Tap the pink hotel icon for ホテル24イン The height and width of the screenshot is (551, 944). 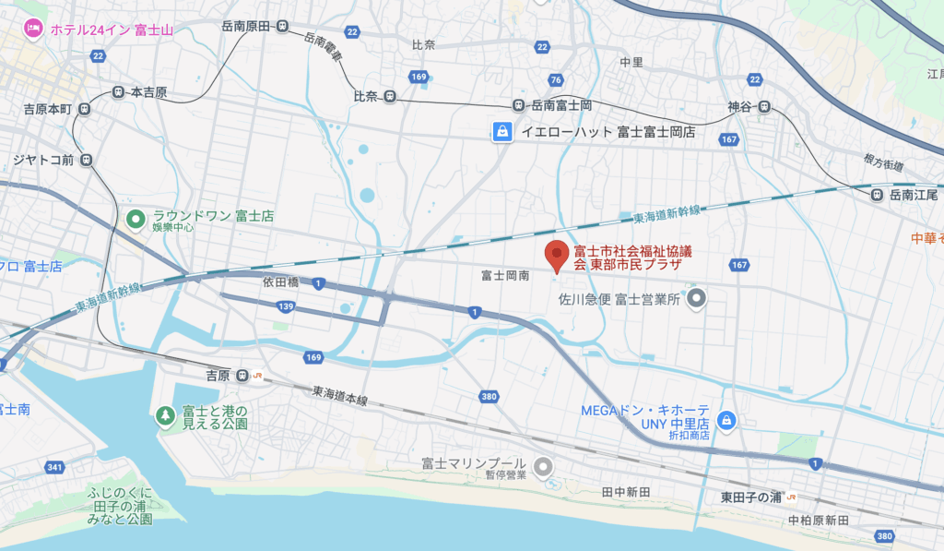[x=34, y=29]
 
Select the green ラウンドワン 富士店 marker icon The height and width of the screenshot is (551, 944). [x=136, y=219]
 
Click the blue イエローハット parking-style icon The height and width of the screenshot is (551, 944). [x=502, y=132]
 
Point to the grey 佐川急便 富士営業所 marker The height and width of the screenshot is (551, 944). [x=698, y=298]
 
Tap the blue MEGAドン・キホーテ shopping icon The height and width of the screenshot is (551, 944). [x=726, y=420]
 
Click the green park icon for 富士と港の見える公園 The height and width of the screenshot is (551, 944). [x=165, y=416]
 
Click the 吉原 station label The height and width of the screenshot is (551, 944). [x=218, y=376]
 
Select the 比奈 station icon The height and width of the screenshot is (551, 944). [x=391, y=96]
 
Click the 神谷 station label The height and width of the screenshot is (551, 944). [x=740, y=106]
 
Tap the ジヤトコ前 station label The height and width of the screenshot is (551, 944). [x=42, y=159]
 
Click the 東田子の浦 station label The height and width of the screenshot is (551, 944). [x=750, y=497]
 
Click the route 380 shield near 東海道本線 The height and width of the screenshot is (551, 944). [x=489, y=396]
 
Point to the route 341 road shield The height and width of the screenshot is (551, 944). [x=54, y=468]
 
